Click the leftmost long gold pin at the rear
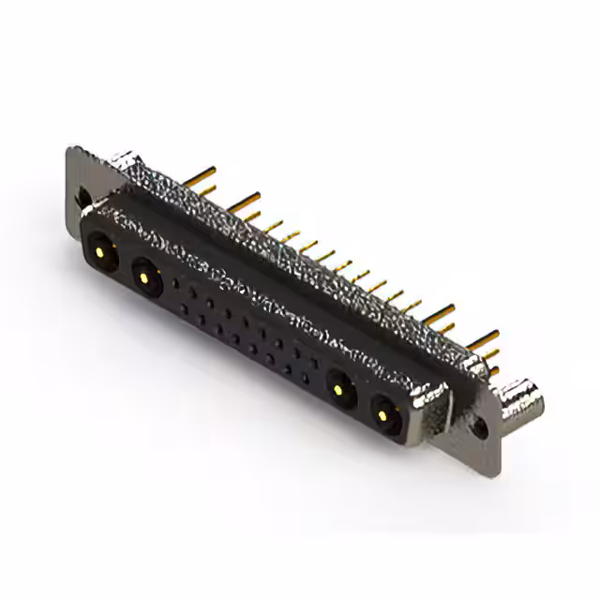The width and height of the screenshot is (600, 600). [199, 175]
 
